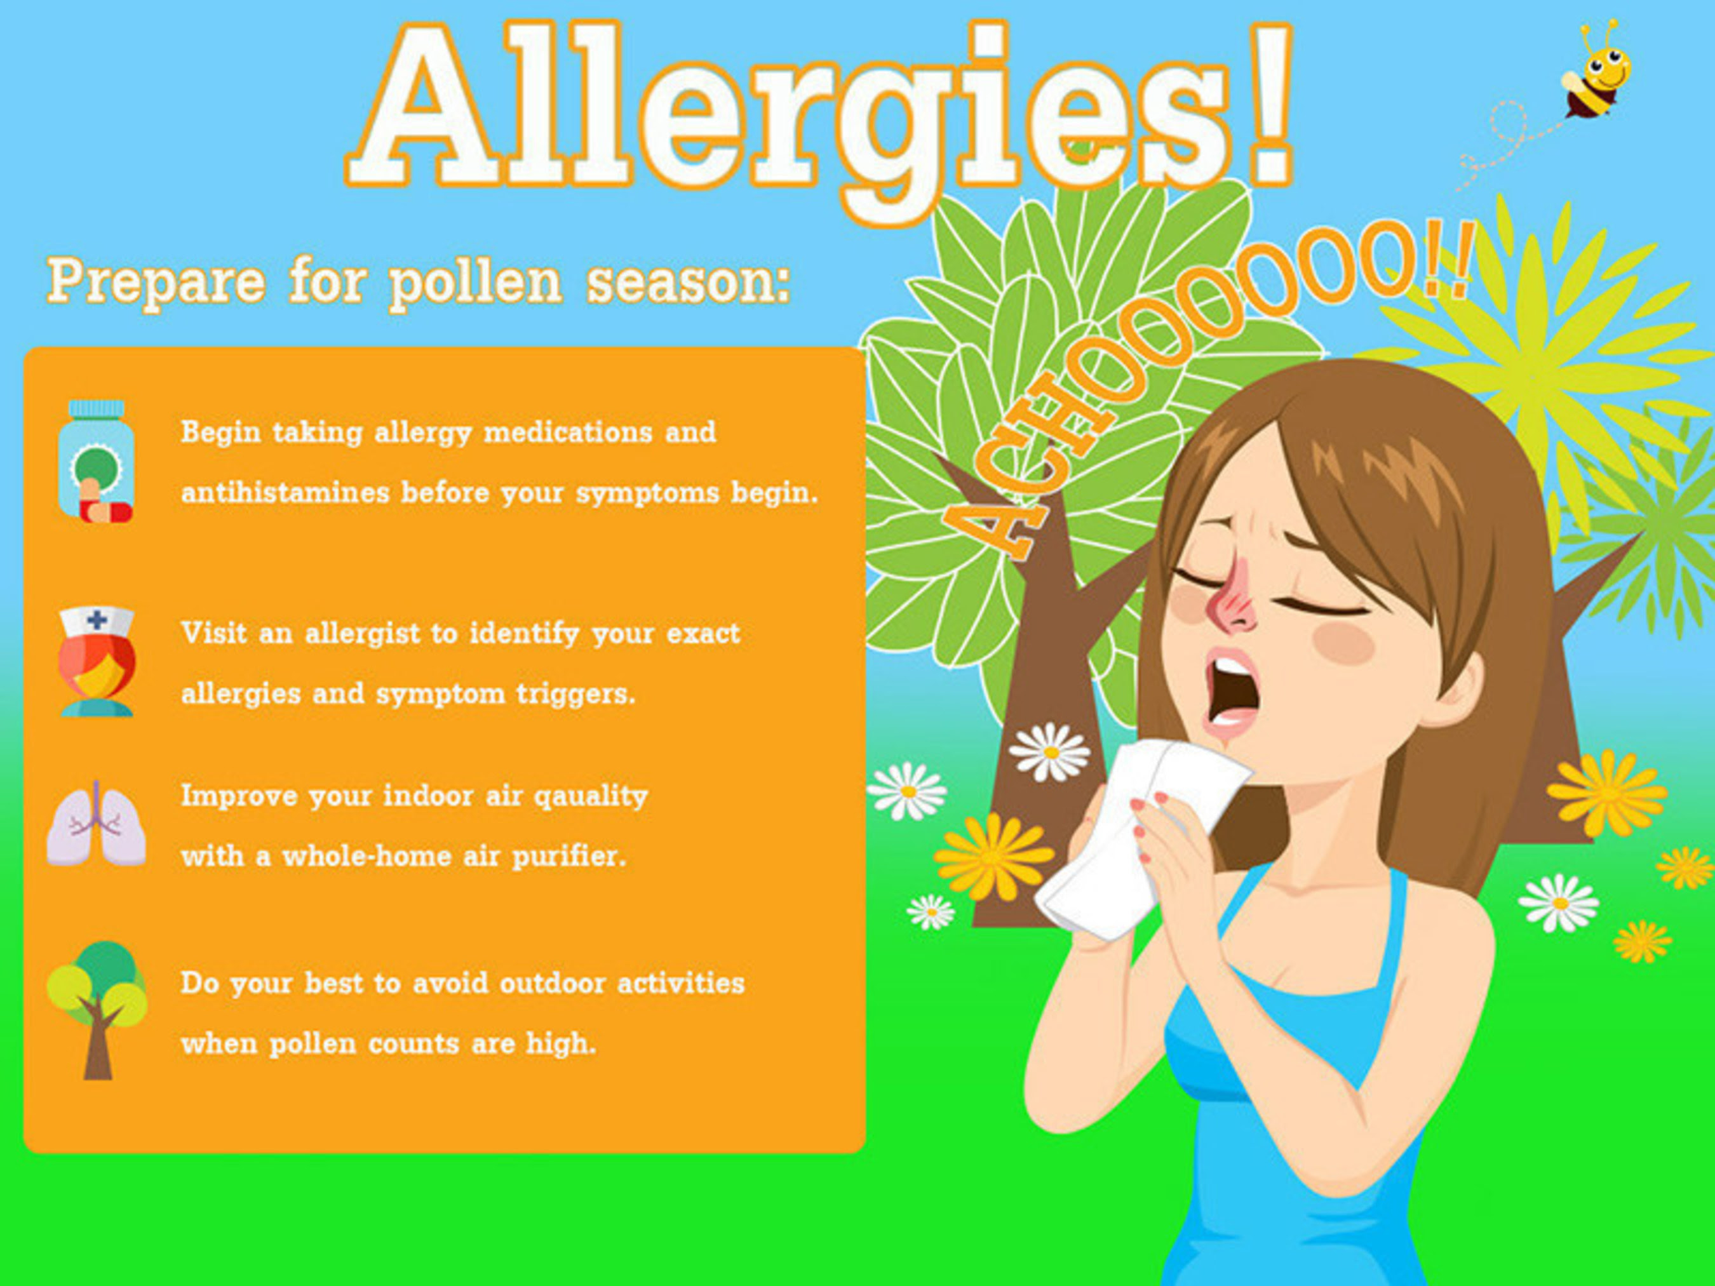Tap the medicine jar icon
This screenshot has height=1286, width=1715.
point(96,461)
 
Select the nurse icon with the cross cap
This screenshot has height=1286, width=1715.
point(97,661)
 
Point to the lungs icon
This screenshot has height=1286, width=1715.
point(96,825)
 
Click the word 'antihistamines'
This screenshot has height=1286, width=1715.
point(285,492)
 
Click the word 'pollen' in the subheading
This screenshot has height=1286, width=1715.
point(475,284)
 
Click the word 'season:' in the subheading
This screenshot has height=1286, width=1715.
point(689,284)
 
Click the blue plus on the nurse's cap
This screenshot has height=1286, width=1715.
point(98,619)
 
